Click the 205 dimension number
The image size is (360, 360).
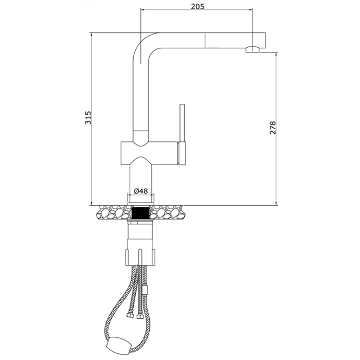[197, 6]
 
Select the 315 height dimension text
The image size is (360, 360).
[88, 118]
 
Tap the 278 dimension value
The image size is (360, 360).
[273, 128]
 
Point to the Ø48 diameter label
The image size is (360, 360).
[141, 191]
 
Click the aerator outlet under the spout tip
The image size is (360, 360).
[252, 50]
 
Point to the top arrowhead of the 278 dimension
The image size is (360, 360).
[277, 56]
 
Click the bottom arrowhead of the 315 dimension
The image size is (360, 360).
[91, 202]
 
